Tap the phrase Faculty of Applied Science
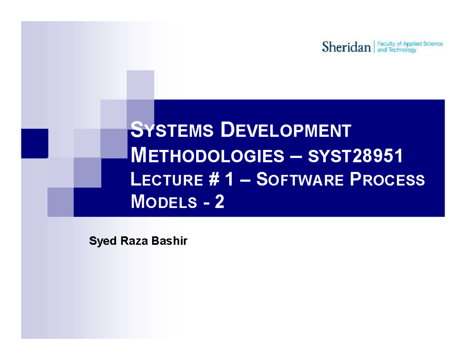(410, 44)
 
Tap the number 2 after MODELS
(220, 202)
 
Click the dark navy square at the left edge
(35, 143)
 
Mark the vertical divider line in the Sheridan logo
(374, 47)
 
